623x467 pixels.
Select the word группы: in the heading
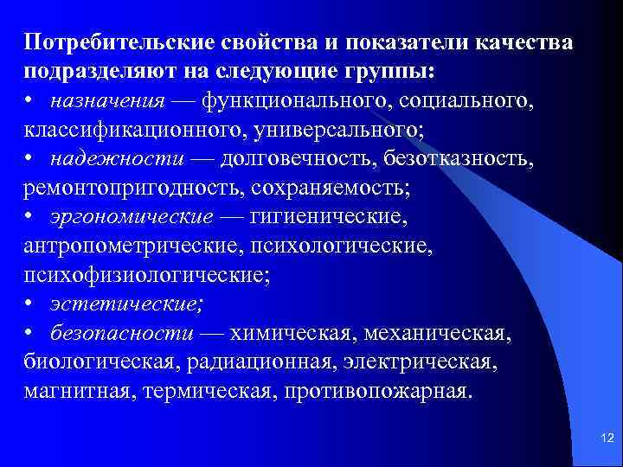click(x=382, y=72)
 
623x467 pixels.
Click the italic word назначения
click(x=106, y=102)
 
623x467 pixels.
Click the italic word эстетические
click(x=126, y=304)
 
